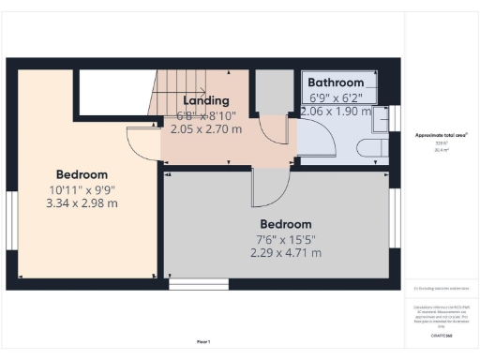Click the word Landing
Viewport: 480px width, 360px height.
coord(205,100)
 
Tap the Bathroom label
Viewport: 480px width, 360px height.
coord(342,82)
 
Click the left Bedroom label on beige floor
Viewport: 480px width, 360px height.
coord(82,174)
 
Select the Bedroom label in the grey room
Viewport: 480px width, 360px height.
coord(285,224)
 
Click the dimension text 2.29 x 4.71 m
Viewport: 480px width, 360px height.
coord(285,252)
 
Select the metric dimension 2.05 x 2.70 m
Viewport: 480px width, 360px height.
coord(205,129)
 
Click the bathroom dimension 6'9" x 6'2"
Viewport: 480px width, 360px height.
coord(342,97)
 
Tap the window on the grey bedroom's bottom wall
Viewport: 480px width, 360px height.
coord(198,282)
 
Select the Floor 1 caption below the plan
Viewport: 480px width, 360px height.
coord(203,341)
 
